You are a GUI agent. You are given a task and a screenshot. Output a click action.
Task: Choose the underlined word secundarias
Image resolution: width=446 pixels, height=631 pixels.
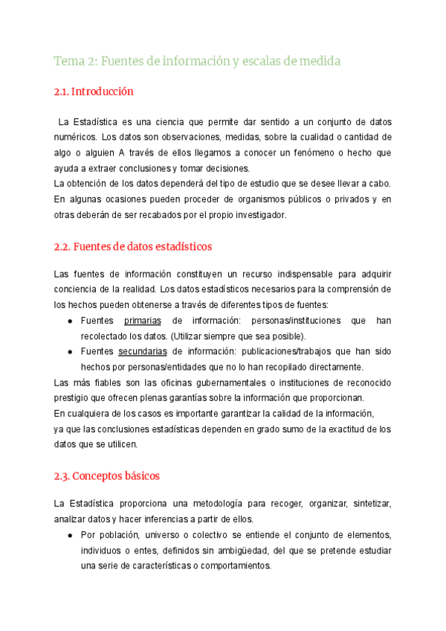coord(142,352)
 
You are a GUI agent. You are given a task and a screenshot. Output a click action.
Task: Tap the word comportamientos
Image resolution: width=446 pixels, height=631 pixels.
coord(233,566)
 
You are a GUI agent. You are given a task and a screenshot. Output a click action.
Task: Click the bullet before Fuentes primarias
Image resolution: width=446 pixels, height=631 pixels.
coord(70,321)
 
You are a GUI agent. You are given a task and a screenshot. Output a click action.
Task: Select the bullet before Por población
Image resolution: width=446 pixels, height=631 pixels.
coord(70,536)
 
